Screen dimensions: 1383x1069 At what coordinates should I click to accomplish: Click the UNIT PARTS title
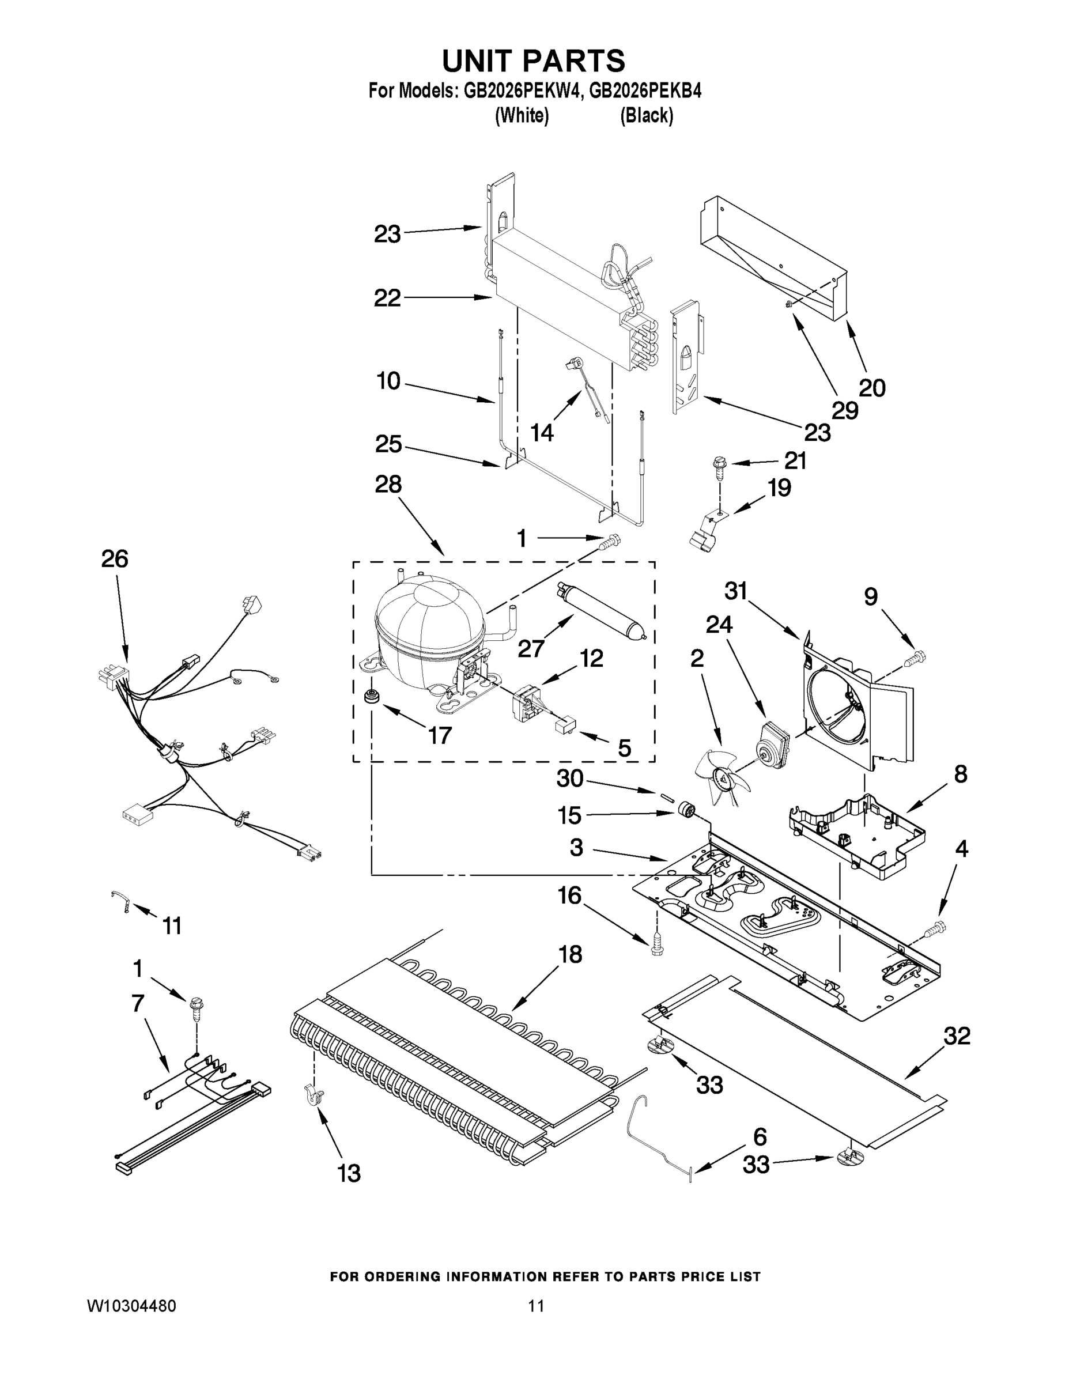tap(533, 62)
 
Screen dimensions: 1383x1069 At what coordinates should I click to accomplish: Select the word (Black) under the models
tap(646, 116)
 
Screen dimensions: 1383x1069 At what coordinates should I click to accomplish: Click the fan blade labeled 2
tap(722, 777)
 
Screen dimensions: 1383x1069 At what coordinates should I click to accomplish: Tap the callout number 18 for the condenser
tap(570, 954)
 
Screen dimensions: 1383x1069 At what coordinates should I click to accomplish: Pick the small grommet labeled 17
tap(369, 697)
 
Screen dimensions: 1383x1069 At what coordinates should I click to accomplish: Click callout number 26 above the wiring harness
tap(115, 559)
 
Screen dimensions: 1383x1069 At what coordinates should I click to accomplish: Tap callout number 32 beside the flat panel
tap(956, 1036)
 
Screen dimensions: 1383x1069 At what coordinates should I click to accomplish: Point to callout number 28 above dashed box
tap(388, 485)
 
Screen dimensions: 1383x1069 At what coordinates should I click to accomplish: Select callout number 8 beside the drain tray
tap(961, 774)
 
